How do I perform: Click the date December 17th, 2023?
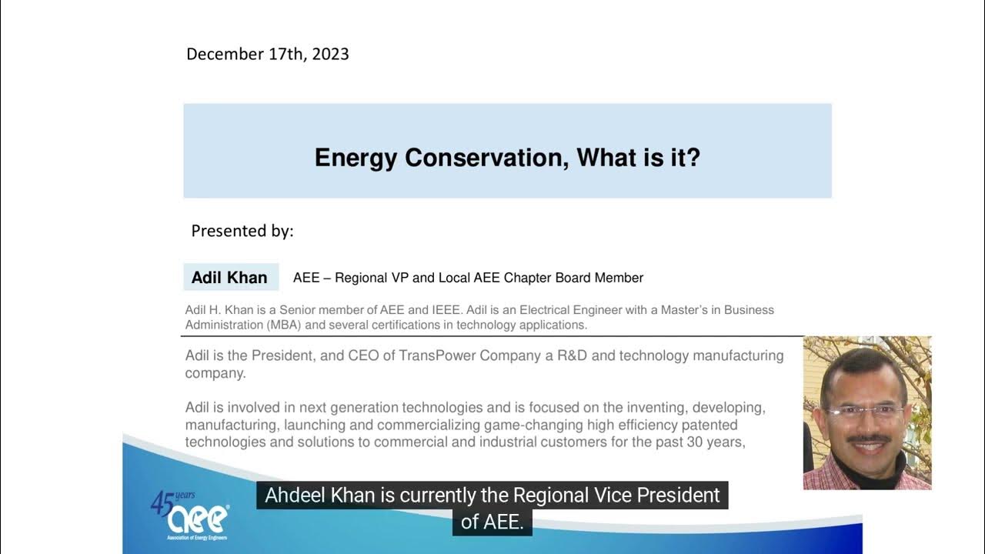(x=267, y=54)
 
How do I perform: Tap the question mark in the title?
(x=693, y=158)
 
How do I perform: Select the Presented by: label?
(x=242, y=231)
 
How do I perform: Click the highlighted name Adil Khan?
(x=229, y=278)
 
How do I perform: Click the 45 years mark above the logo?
(x=172, y=501)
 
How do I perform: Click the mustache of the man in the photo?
(x=868, y=439)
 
